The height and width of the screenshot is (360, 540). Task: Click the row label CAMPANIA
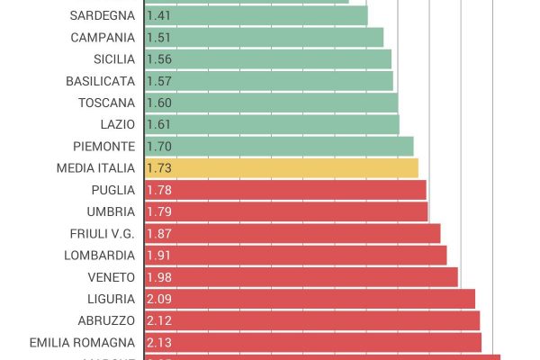click(103, 38)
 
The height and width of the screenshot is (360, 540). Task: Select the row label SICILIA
click(114, 59)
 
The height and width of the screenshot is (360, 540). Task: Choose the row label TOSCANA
click(106, 103)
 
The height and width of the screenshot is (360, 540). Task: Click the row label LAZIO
click(118, 124)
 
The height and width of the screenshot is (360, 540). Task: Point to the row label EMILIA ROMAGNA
click(82, 342)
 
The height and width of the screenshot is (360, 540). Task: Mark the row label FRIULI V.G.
click(103, 233)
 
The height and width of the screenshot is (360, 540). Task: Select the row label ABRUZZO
click(107, 320)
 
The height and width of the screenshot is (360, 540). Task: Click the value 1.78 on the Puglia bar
click(159, 190)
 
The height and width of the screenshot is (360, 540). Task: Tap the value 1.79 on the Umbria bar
click(159, 211)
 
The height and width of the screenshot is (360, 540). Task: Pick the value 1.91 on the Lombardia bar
click(159, 255)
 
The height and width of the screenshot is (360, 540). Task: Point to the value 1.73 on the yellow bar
click(159, 168)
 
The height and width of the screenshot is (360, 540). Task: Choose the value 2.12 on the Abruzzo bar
click(159, 320)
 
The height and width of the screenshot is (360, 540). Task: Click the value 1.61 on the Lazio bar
click(159, 124)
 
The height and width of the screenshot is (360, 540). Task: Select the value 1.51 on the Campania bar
click(159, 38)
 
